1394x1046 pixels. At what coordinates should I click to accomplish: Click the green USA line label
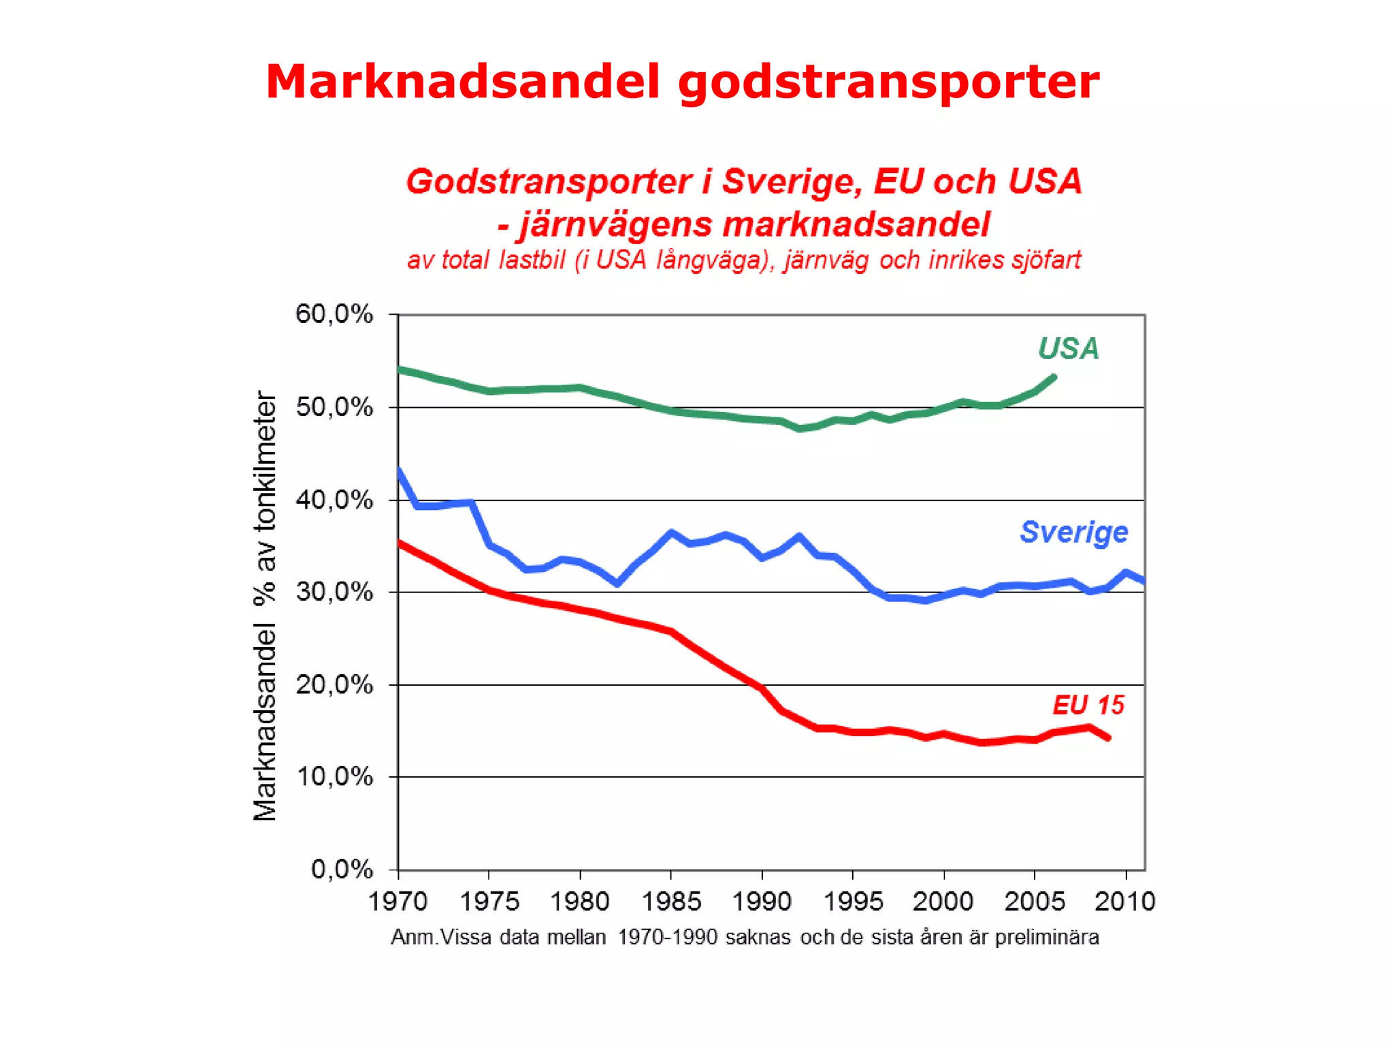tap(1068, 349)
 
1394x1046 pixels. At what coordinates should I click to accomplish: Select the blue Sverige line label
tap(1073, 532)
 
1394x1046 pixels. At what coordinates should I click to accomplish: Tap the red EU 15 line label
tap(1088, 706)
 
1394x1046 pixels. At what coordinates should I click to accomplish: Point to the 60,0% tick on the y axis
tap(334, 315)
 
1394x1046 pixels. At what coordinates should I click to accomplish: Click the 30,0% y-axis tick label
tap(334, 592)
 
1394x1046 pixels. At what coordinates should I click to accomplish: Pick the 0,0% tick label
tap(342, 870)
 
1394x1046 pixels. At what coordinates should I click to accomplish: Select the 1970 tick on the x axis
tap(398, 902)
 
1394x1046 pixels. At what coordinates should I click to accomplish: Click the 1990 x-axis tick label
tap(761, 902)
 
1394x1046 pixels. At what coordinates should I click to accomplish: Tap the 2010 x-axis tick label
tap(1124, 902)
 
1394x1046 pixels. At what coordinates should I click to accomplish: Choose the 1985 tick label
tap(670, 902)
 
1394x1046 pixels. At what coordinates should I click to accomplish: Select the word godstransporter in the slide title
tap(888, 82)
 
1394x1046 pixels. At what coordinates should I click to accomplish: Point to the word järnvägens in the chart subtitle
tap(615, 225)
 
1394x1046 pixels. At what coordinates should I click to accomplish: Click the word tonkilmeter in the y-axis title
tap(265, 461)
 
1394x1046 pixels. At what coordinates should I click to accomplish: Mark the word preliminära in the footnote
tap(1046, 938)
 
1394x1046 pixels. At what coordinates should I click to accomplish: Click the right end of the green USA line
tap(1053, 377)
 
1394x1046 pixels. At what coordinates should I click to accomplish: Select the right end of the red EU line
tap(1108, 738)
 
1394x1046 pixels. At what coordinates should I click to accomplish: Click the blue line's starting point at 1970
tap(399, 471)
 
